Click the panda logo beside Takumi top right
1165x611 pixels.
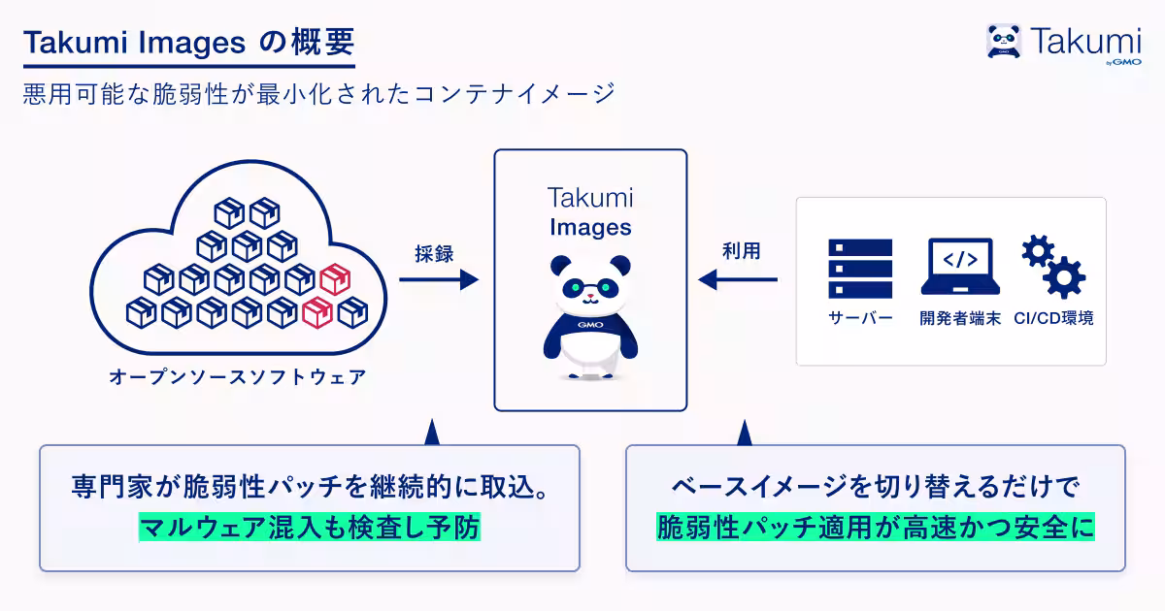point(1004,41)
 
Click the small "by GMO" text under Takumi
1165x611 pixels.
point(1123,62)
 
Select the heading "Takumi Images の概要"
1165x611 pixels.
point(188,42)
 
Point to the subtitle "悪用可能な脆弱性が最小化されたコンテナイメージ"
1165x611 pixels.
point(319,94)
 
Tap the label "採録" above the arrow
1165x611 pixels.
point(434,254)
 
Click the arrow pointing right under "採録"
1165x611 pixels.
point(439,279)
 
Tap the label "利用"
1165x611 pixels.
point(742,251)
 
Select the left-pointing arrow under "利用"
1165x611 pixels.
point(738,279)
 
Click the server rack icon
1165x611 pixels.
point(860,269)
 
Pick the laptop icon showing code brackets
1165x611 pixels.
point(960,267)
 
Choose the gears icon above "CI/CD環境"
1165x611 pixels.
point(1053,267)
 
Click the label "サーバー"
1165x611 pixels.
point(860,318)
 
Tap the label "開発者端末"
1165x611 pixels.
point(960,318)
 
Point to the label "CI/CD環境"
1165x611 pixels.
point(1053,318)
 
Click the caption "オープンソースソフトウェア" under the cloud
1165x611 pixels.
point(238,377)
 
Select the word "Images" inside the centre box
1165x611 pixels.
point(590,228)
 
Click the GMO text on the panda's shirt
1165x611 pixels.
point(590,325)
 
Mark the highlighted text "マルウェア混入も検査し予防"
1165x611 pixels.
point(310,528)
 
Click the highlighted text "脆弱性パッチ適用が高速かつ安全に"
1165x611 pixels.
point(876,528)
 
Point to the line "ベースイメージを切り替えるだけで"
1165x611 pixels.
point(876,487)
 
